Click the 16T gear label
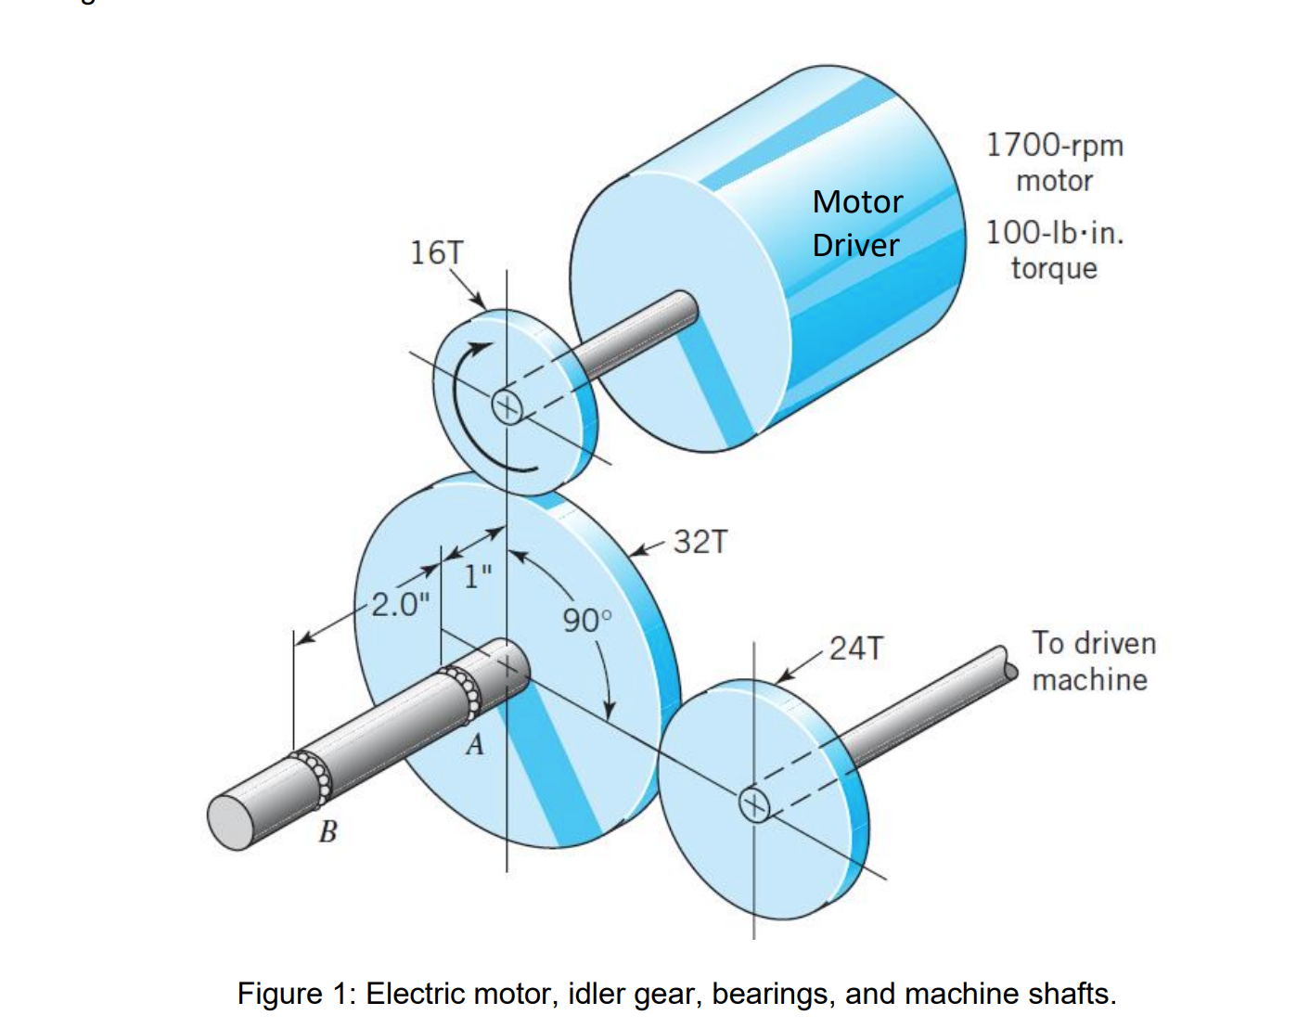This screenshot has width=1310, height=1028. [436, 252]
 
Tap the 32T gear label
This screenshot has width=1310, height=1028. [700, 542]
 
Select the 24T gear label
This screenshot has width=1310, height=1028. [856, 649]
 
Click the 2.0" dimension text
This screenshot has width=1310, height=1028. [400, 605]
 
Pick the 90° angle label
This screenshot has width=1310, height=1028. [586, 620]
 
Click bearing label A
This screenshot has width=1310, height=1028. [474, 744]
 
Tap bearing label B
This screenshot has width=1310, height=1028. [327, 831]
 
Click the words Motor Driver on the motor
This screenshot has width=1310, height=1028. [856, 224]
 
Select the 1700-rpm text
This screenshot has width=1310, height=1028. [1054, 146]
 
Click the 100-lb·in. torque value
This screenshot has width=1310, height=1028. [1054, 233]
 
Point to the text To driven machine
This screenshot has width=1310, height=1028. [1093, 661]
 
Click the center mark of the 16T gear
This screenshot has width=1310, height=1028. [507, 405]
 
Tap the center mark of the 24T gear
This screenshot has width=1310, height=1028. [754, 803]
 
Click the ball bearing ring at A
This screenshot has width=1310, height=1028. [463, 691]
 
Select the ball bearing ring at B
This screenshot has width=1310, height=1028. [314, 777]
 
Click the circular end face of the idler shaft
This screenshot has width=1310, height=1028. [231, 822]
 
